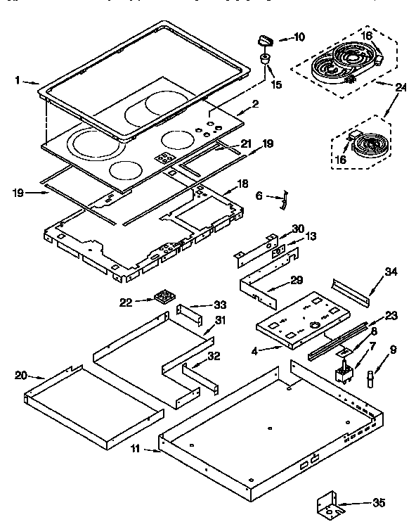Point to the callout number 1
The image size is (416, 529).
tap(17, 80)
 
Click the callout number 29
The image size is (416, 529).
tap(297, 279)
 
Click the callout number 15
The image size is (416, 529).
tap(277, 85)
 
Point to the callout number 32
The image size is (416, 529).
tap(215, 357)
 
